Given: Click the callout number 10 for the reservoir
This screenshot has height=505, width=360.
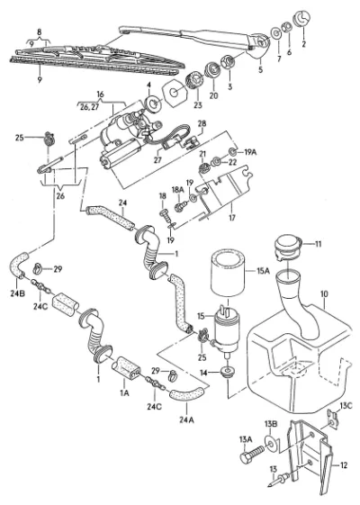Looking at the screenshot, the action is pos(324,294).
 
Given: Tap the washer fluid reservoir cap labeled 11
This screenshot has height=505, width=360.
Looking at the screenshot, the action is pos(287,248).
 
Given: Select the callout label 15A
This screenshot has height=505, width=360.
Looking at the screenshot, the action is pos(263,271).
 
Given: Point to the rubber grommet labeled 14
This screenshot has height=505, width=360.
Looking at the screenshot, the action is pos(228,371).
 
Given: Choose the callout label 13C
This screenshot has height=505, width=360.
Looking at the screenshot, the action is pos(346,405).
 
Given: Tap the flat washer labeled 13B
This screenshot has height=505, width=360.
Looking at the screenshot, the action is pos(272,445).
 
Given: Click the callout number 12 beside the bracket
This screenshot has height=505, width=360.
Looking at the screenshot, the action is pos(344,465).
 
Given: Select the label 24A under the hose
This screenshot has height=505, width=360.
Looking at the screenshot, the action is pos(187,419).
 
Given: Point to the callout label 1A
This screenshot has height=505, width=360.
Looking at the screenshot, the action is pos(124,392).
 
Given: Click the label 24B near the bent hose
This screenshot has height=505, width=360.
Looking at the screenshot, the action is pos(17,293).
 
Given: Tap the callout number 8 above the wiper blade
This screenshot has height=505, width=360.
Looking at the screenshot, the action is pos(40,32).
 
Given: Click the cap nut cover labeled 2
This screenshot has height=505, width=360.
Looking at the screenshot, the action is pos(302,18).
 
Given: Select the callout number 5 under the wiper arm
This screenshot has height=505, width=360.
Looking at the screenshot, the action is pos(260,69).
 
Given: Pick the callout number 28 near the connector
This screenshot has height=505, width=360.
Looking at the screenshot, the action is pos(202,123).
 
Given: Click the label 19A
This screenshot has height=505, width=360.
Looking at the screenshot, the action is pos(250,152).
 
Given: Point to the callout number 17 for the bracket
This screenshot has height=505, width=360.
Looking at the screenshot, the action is pos(232,218).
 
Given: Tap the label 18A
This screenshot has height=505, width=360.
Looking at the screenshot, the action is pos(177,189).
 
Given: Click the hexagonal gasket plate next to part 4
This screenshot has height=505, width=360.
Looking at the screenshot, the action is pos(174,94).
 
